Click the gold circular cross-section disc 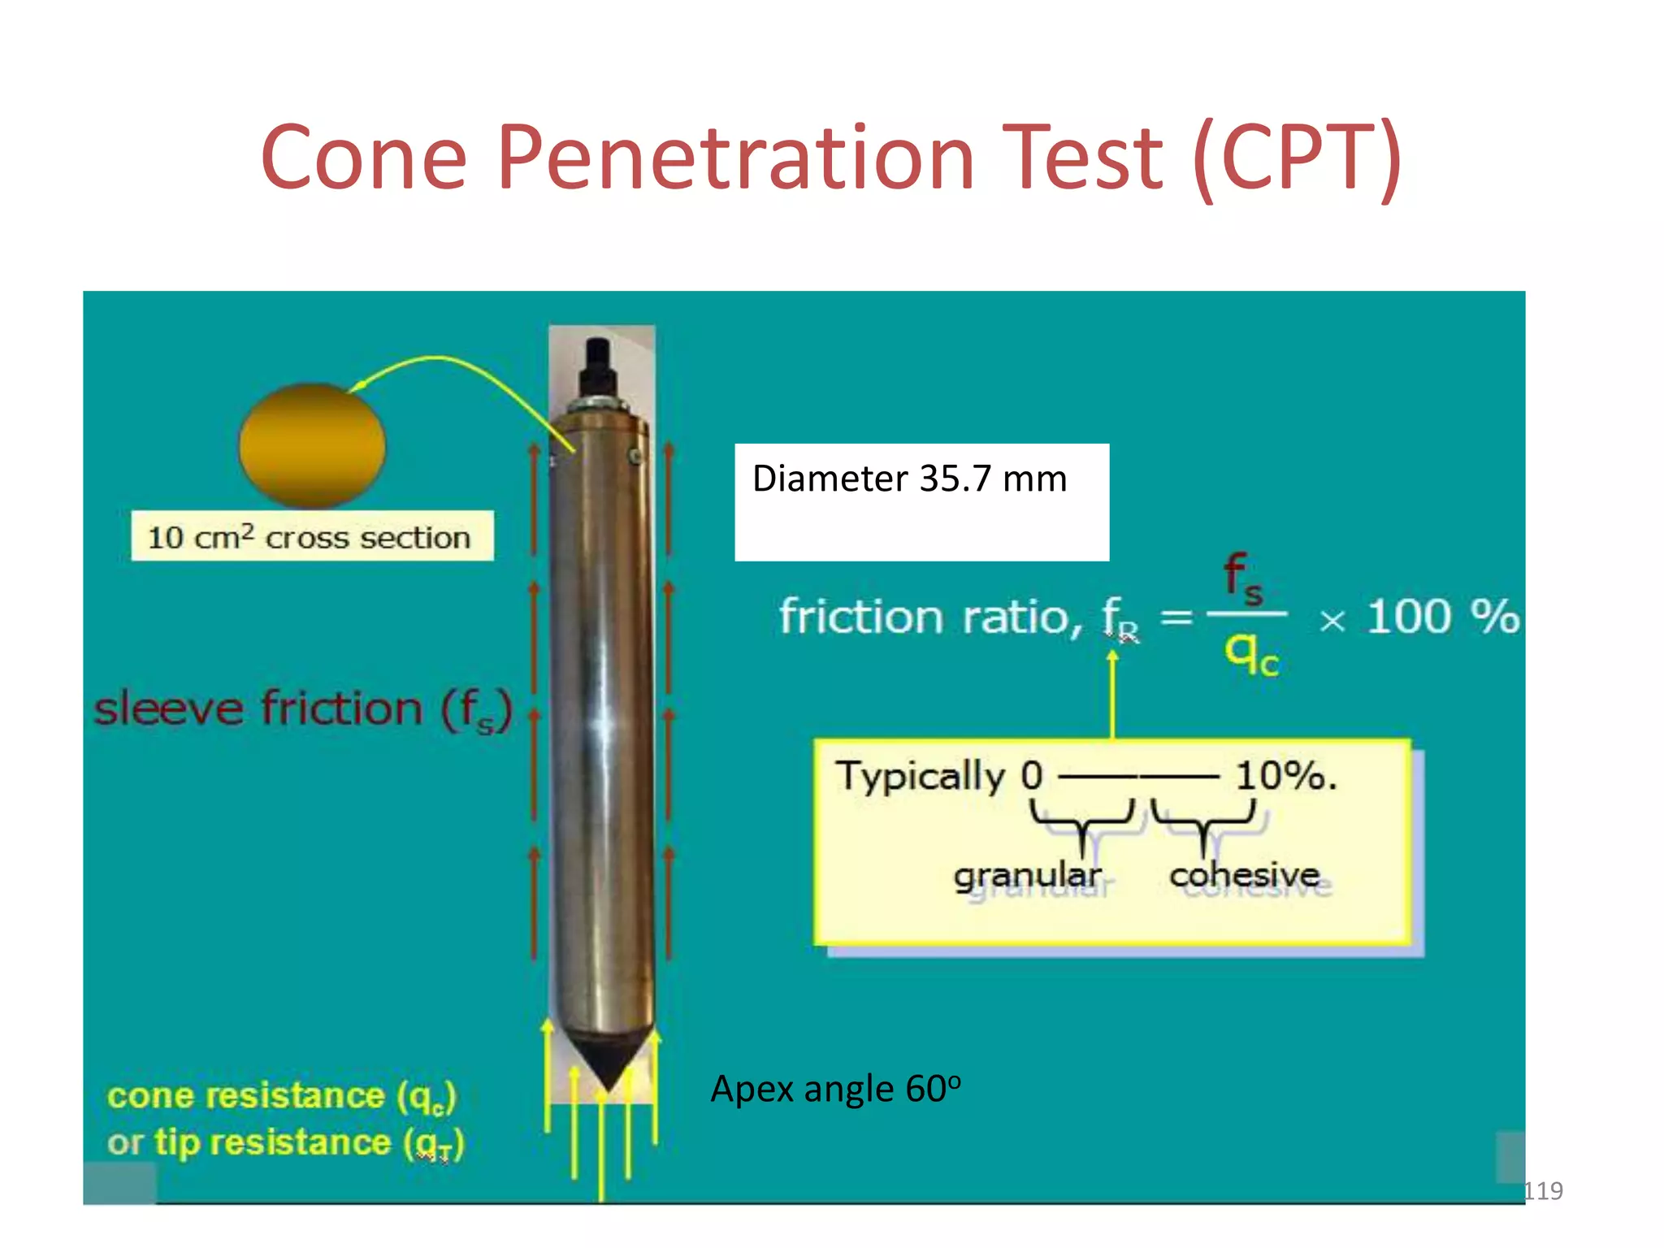click(x=312, y=445)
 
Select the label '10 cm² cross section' click(x=311, y=537)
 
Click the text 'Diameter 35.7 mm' click(x=909, y=479)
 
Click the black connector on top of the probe click(x=598, y=366)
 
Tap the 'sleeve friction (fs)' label click(x=302, y=709)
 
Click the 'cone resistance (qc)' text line click(x=281, y=1096)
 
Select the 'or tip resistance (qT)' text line click(x=284, y=1143)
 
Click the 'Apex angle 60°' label click(x=834, y=1089)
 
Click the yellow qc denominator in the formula click(x=1250, y=653)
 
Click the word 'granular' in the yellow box click(x=1027, y=876)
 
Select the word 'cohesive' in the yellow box click(x=1244, y=875)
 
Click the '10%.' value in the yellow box click(x=1285, y=776)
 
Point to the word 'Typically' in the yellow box click(x=920, y=776)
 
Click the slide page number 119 click(x=1543, y=1190)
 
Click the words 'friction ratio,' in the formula click(x=930, y=617)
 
